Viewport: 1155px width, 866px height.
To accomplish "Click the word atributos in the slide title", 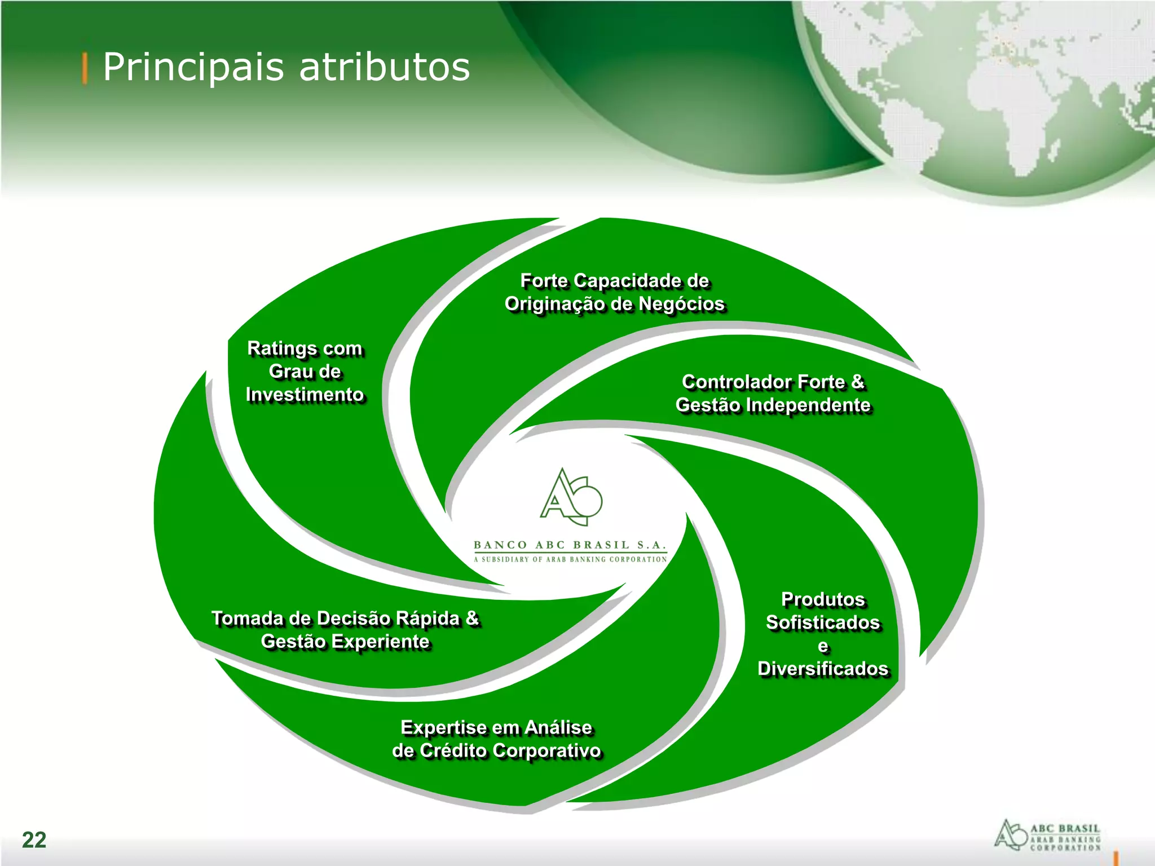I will click(384, 68).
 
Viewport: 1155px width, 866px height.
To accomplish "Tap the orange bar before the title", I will click(85, 68).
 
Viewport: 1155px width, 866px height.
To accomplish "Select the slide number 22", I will click(34, 840).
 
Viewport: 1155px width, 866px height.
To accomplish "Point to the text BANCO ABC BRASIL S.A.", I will click(570, 545).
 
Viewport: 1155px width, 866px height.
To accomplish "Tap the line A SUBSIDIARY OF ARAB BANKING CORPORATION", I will click(570, 559).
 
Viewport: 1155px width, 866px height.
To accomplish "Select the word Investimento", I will click(305, 395).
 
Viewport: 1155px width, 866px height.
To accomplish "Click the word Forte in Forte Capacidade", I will click(544, 281).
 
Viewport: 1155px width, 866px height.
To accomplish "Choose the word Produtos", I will click(823, 599).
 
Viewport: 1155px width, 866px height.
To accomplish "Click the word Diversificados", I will click(823, 669).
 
